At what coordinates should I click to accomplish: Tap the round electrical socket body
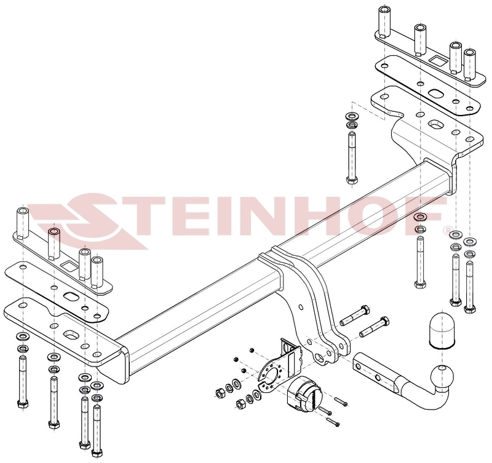click(301, 392)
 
